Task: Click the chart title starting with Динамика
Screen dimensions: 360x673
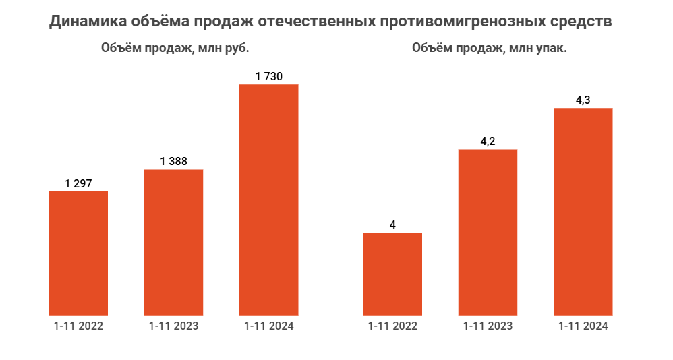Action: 331,22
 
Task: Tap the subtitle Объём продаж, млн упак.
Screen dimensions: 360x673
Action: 489,49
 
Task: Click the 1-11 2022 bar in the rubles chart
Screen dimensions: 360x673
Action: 78,253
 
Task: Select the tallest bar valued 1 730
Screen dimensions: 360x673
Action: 269,199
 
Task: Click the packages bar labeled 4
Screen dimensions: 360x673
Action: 392,273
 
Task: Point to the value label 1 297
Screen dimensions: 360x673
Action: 78,183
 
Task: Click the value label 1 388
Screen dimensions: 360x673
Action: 173,161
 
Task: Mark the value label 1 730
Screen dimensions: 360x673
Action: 269,76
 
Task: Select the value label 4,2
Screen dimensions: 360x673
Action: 488,141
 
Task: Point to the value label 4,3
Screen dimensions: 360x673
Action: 583,100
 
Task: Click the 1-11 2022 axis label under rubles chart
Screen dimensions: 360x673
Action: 78,326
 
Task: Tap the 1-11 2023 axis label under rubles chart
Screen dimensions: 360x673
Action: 173,326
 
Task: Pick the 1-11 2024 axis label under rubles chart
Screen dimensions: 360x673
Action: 269,326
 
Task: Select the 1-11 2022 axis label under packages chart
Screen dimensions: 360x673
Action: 392,326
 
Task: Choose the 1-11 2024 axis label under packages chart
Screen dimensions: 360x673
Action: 583,326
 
